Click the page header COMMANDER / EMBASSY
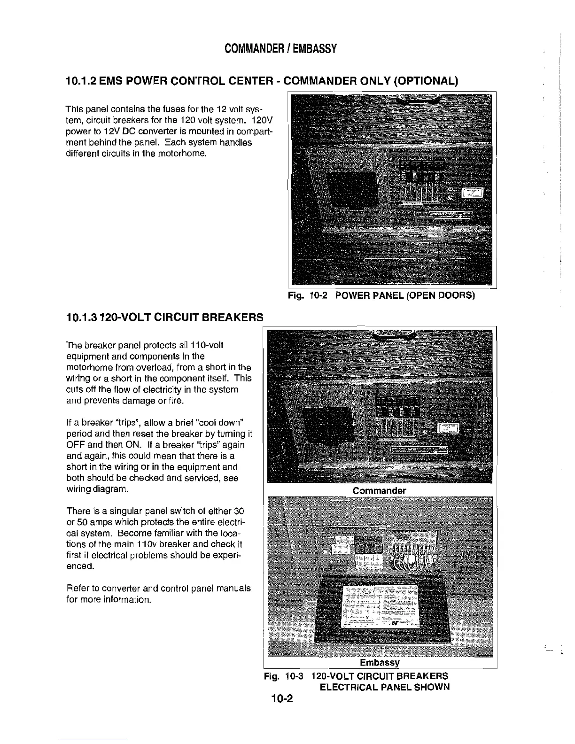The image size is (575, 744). (x=280, y=49)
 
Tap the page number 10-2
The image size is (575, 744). (x=281, y=698)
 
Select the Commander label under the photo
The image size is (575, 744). (x=379, y=490)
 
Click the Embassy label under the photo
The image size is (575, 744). (x=379, y=662)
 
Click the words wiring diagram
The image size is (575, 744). (x=97, y=489)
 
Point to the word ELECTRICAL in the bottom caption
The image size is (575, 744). (x=344, y=687)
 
